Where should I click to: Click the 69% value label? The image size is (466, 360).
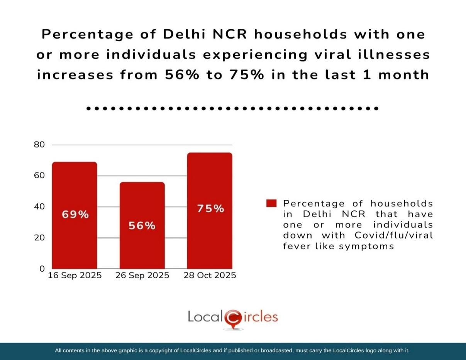click(75, 215)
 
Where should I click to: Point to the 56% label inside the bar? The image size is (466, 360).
click(142, 226)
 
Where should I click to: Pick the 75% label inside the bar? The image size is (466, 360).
click(210, 209)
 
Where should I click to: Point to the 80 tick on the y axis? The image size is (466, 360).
click(40, 145)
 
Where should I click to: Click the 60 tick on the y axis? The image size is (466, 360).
click(40, 176)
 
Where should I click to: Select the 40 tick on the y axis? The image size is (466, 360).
click(40, 206)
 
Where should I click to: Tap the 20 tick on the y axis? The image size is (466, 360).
click(40, 238)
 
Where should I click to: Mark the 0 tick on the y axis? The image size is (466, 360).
click(42, 269)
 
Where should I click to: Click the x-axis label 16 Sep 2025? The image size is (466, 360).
click(75, 275)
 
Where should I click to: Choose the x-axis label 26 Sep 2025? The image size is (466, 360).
click(142, 275)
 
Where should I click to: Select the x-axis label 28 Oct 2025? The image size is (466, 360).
click(210, 275)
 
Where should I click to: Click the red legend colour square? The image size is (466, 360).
click(271, 203)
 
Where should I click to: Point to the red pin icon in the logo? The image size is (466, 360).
click(232, 318)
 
